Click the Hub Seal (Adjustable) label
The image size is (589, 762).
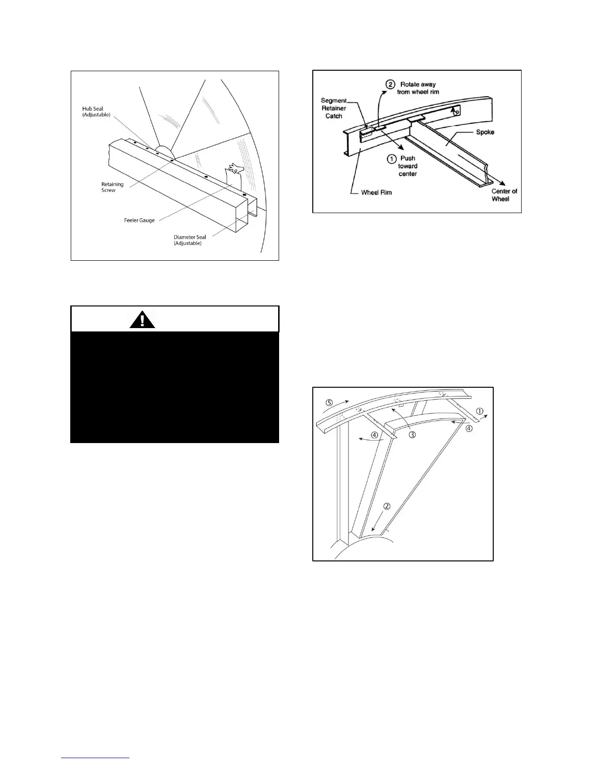96,112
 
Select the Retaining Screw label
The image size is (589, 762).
112,187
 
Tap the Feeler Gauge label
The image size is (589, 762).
140,220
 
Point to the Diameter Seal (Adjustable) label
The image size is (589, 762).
190,240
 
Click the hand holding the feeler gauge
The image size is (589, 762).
236,169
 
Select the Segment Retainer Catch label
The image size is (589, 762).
333,108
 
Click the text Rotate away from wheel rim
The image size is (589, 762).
418,88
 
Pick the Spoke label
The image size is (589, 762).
485,132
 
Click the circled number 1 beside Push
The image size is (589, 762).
392,159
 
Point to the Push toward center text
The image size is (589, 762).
408,166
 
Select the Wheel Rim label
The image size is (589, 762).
376,192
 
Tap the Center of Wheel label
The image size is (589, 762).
504,195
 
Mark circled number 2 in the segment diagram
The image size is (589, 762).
387,506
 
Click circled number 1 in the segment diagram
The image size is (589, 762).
479,411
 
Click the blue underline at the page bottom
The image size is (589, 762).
96,758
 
